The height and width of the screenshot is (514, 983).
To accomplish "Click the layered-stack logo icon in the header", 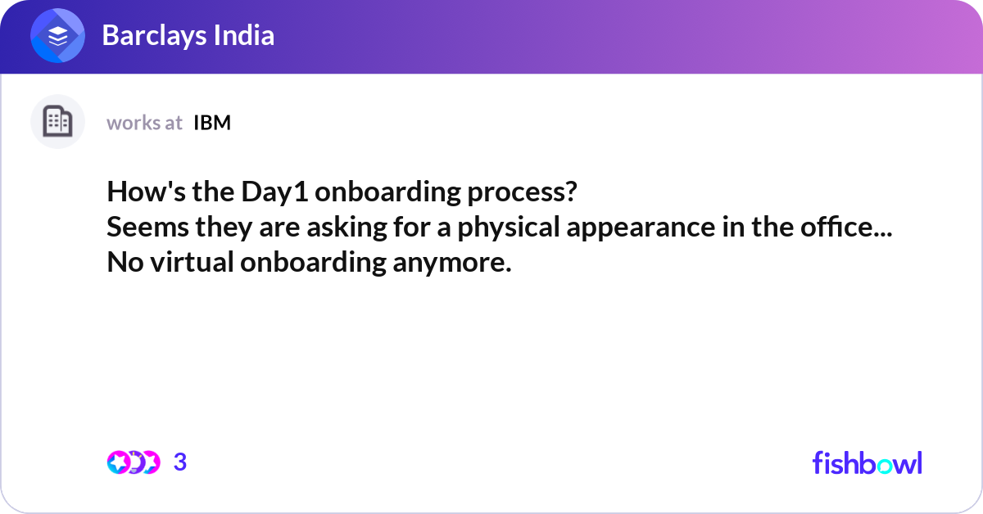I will (57, 36).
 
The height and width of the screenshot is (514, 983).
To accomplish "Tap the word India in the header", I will (244, 36).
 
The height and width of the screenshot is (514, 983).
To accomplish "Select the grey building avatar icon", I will (57, 122).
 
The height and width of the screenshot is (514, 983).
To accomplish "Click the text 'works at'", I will (144, 123).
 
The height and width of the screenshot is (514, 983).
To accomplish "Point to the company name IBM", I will (212, 123).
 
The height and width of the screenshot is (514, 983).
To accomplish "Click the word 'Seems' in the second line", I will (138, 228).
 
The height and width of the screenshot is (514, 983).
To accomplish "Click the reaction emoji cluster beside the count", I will (133, 462).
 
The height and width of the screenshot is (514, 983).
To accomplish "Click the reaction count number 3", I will (180, 462).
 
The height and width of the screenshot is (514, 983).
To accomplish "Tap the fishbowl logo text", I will (867, 462).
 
